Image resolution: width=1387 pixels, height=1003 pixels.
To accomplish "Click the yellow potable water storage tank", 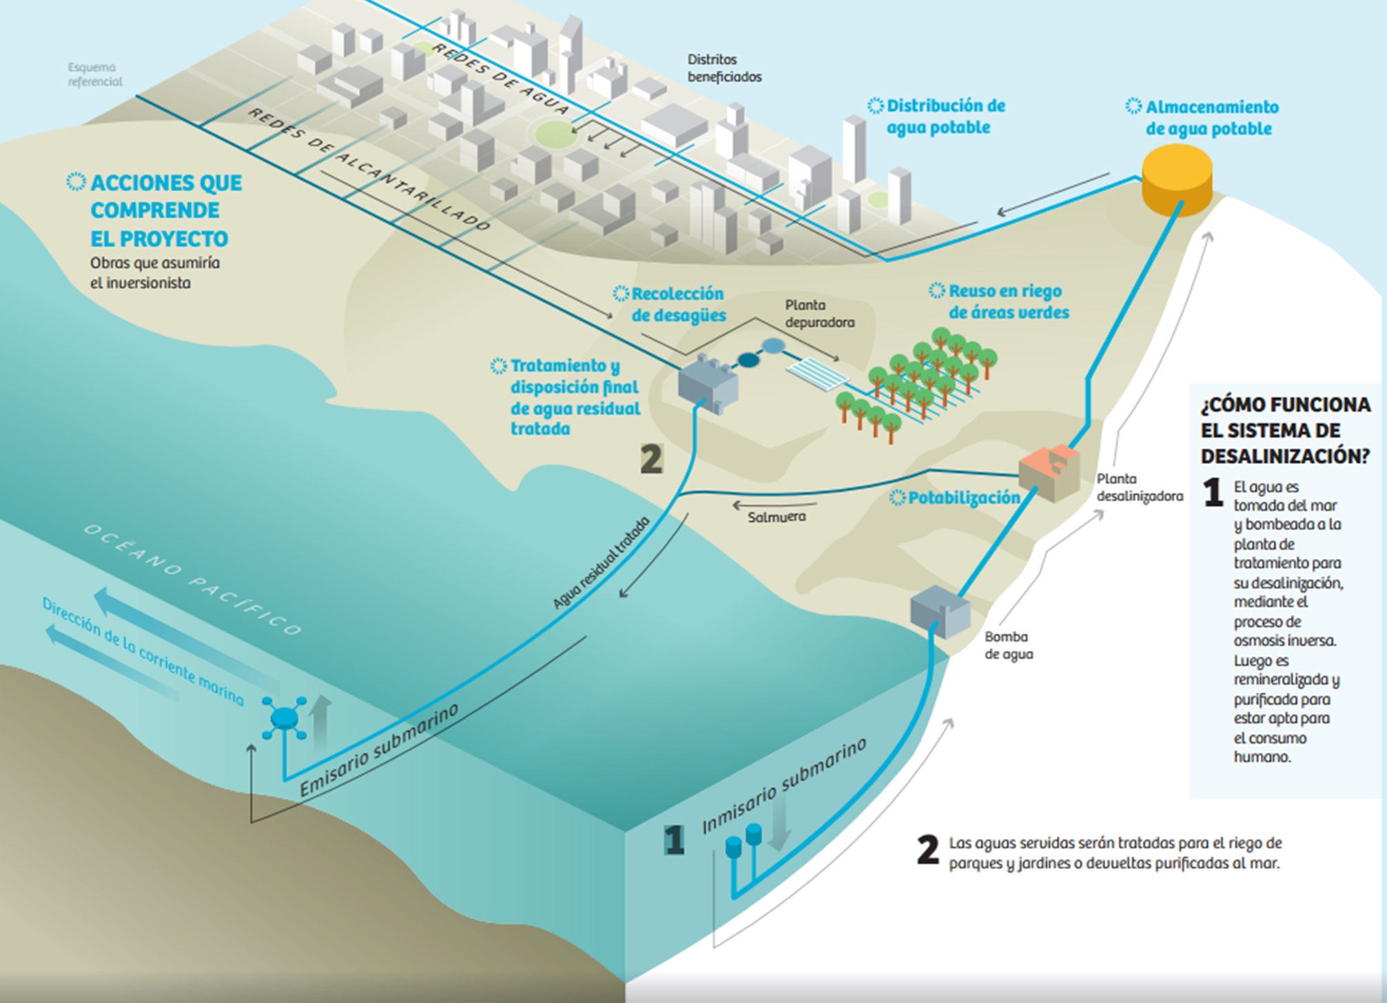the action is [x=1177, y=179].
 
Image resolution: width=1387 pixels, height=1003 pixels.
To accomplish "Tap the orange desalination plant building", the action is [x=1049, y=472].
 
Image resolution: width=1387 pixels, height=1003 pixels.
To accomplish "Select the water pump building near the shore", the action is [x=941, y=611].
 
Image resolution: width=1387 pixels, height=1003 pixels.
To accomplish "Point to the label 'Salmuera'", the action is [x=777, y=517].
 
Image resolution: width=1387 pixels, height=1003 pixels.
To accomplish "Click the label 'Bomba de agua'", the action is [x=1009, y=645].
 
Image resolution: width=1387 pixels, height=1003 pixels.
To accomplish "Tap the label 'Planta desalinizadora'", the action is [x=1140, y=487].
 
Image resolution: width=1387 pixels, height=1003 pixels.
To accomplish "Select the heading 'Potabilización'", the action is [x=964, y=498].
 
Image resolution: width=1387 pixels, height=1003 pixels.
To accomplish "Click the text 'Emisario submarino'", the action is [x=380, y=751].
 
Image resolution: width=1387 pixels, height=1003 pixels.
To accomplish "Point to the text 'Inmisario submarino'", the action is [x=784, y=787].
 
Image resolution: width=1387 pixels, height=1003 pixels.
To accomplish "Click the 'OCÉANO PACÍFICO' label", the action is [x=193, y=579].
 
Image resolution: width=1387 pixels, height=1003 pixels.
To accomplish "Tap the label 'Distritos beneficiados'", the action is [x=724, y=68].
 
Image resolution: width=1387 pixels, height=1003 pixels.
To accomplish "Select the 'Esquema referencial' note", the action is [x=95, y=74].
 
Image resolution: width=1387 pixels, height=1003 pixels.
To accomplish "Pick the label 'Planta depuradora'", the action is [x=819, y=314].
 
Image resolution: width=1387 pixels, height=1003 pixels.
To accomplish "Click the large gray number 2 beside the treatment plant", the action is [x=652, y=459].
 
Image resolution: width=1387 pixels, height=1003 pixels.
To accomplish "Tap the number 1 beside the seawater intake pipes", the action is [x=675, y=840].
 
